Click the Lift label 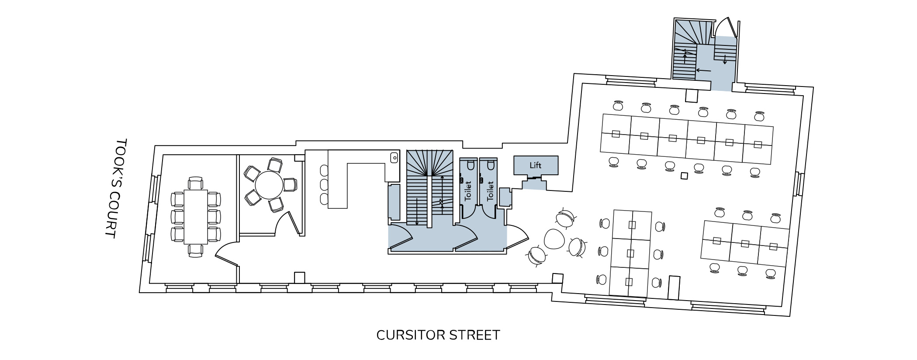coord(535,165)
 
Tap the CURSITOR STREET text coord(438,335)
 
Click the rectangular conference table coord(195,217)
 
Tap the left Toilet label coord(468,191)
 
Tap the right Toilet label coord(490,191)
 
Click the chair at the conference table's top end coord(195,183)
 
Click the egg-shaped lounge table coord(555,239)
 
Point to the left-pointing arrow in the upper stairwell coord(703,70)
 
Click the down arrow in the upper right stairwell coord(725,59)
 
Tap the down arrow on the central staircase coord(417,212)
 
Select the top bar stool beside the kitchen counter coord(324,170)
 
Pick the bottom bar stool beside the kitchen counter coord(324,199)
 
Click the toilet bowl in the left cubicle coord(470,165)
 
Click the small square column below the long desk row coord(685,176)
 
